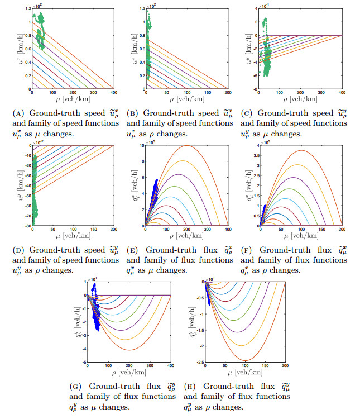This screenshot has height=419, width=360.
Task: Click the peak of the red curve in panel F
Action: click(302, 150)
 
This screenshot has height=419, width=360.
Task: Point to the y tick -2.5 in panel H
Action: click(200, 363)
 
